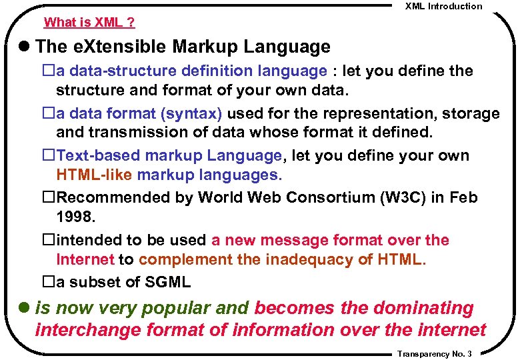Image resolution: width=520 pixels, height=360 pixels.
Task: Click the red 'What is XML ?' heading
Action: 89,22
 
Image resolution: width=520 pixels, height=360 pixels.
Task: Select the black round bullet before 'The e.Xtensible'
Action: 25,47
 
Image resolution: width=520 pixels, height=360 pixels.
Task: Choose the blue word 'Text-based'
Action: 99,156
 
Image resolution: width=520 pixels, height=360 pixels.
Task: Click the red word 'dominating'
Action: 423,308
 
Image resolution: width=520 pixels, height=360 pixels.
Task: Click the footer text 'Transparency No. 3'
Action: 434,354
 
